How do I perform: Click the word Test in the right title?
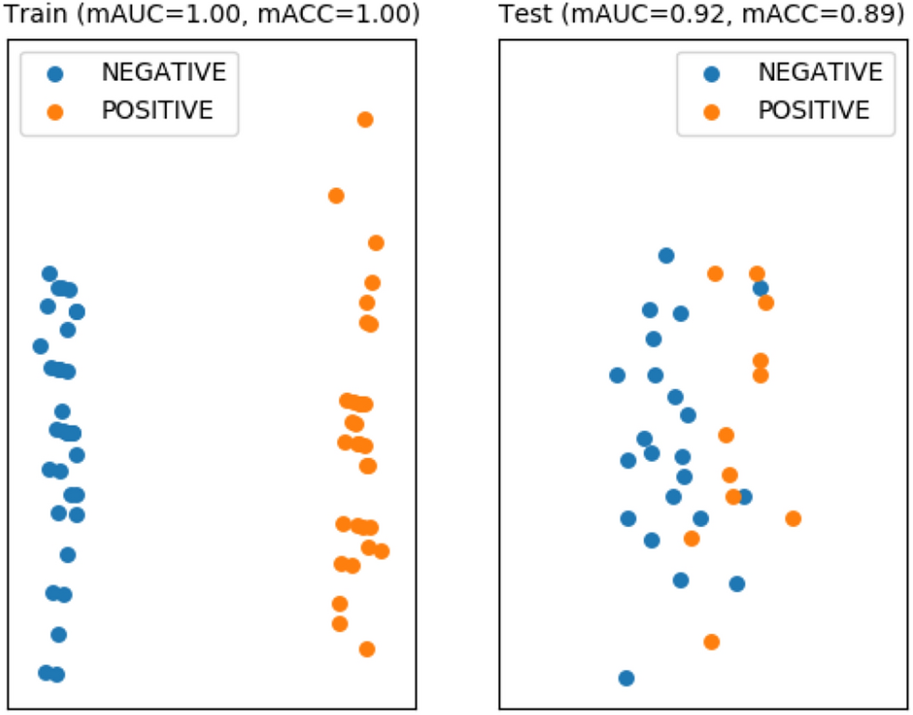tap(522, 15)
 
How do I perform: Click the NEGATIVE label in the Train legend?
tap(163, 72)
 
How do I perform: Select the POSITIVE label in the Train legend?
tap(157, 110)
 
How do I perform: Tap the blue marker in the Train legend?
tap(56, 73)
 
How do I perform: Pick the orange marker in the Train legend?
tap(56, 111)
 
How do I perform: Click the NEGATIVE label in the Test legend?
tap(820, 72)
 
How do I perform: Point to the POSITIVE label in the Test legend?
tap(813, 110)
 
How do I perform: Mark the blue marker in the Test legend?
tap(712, 73)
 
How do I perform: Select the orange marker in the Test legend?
tap(712, 111)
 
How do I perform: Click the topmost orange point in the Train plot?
tap(365, 119)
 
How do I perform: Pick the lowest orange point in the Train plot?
tap(367, 649)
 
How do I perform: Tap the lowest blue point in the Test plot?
tap(626, 678)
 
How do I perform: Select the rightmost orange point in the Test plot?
tap(793, 519)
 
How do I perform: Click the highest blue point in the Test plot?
tap(666, 255)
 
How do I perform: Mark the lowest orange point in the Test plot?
tap(712, 641)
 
